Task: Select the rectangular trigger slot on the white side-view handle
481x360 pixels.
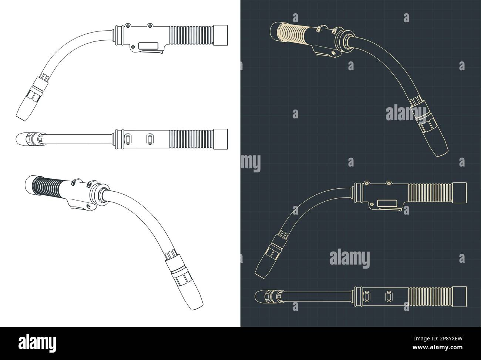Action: coord(148,46)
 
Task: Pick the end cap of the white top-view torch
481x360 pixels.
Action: coord(221,139)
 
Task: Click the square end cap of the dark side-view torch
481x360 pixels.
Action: coord(460,192)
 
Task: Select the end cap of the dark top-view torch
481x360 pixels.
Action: coord(460,297)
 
